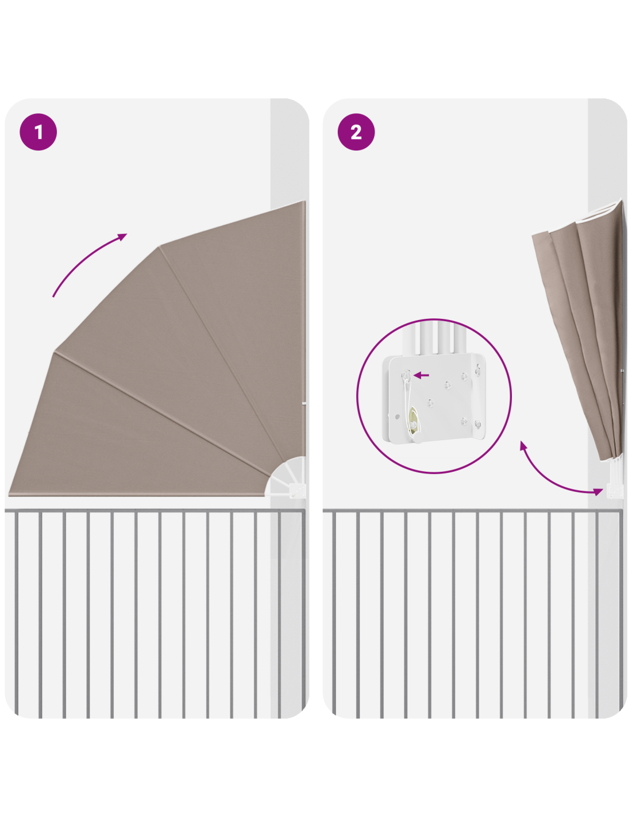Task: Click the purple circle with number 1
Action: [38, 132]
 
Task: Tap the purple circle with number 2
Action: [356, 132]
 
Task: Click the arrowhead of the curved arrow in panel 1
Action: [122, 237]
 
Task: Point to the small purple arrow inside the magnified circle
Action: [421, 375]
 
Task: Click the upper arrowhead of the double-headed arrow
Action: [523, 446]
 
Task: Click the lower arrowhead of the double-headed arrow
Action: [598, 491]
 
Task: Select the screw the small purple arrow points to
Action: [406, 375]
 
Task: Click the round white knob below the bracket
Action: [417, 438]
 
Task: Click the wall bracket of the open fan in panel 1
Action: [297, 490]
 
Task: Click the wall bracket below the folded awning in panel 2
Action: [614, 491]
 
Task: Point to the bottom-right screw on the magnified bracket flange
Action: [477, 424]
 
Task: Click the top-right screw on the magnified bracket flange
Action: [477, 371]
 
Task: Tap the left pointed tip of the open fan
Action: [9, 495]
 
